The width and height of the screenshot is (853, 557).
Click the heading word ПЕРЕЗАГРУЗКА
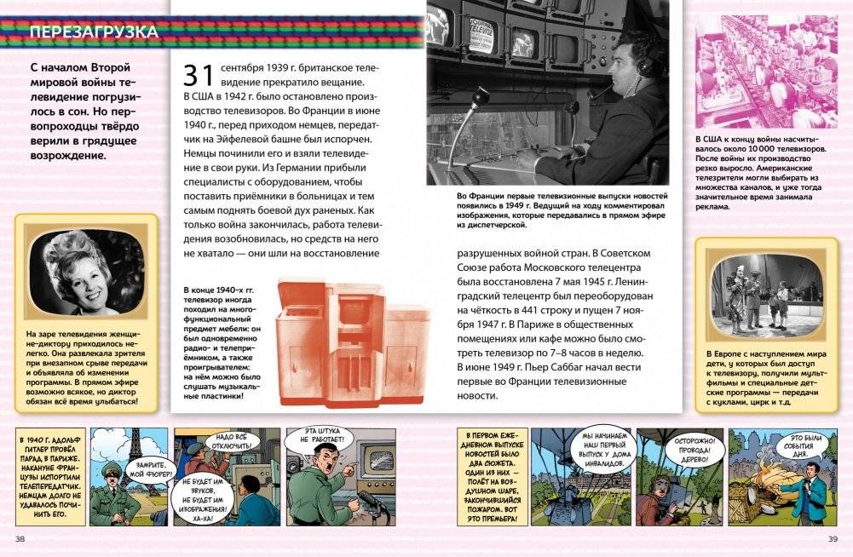pyautogui.click(x=93, y=33)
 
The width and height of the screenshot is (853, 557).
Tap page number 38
pyautogui.click(x=20, y=539)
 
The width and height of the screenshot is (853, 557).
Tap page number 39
pyautogui.click(x=833, y=539)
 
